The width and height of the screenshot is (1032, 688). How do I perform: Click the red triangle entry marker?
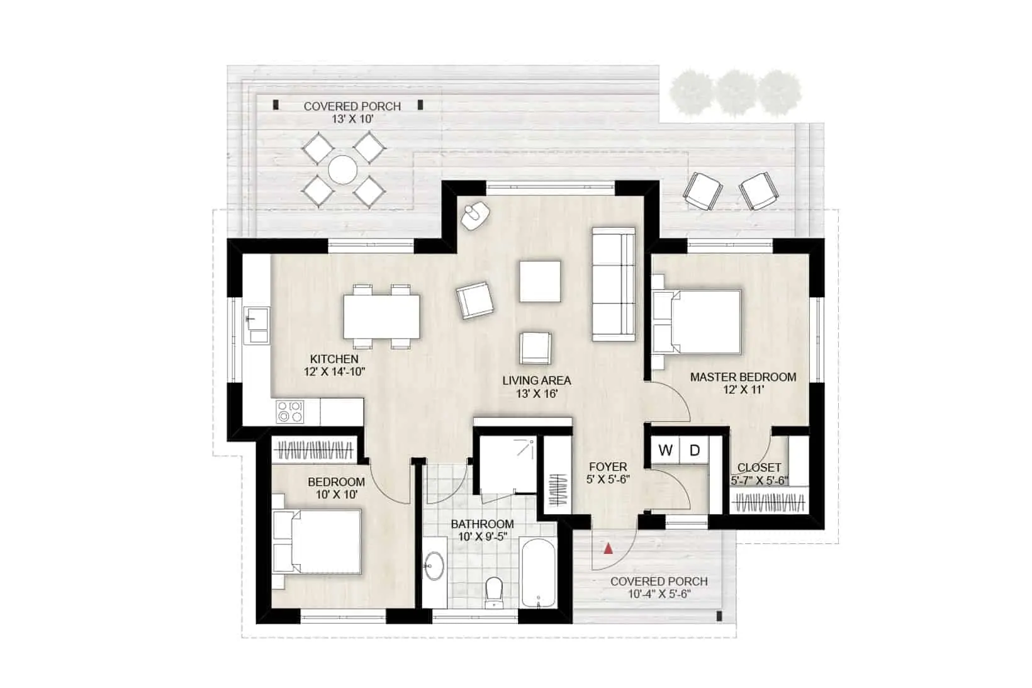(608, 548)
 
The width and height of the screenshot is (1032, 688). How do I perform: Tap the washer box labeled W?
(665, 449)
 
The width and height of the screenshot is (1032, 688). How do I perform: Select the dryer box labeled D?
(694, 449)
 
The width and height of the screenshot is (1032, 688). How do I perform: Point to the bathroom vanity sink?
(434, 566)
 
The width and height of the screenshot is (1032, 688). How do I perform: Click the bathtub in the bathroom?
(537, 572)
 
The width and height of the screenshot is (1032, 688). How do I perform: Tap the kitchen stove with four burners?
(290, 411)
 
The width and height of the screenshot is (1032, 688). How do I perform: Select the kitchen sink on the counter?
(257, 325)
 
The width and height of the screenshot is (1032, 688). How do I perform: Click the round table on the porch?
(342, 170)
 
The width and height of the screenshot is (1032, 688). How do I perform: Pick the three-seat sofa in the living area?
(614, 285)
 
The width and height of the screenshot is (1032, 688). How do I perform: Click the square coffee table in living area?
(540, 281)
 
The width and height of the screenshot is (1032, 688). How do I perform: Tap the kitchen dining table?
(382, 317)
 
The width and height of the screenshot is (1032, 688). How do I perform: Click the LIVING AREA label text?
(537, 381)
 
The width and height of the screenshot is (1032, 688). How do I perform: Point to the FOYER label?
(608, 467)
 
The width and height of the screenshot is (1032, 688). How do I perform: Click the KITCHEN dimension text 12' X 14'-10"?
(335, 371)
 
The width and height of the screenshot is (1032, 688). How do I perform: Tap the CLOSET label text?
(759, 468)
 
